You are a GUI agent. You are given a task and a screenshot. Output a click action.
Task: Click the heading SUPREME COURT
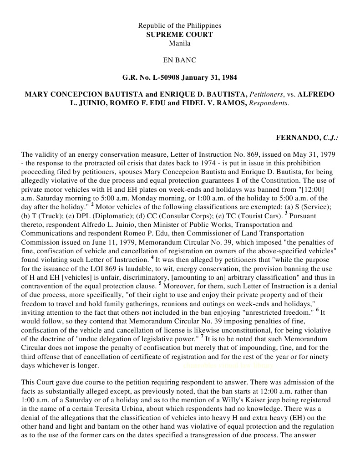(179, 35)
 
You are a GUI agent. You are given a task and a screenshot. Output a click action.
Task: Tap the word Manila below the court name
(179, 43)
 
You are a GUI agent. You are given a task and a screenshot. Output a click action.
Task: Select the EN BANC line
(179, 60)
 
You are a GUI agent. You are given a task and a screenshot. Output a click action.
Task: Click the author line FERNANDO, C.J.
(307, 137)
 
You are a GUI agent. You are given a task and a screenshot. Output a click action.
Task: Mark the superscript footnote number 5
(160, 285)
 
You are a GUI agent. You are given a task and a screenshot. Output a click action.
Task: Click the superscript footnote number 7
(202, 338)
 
